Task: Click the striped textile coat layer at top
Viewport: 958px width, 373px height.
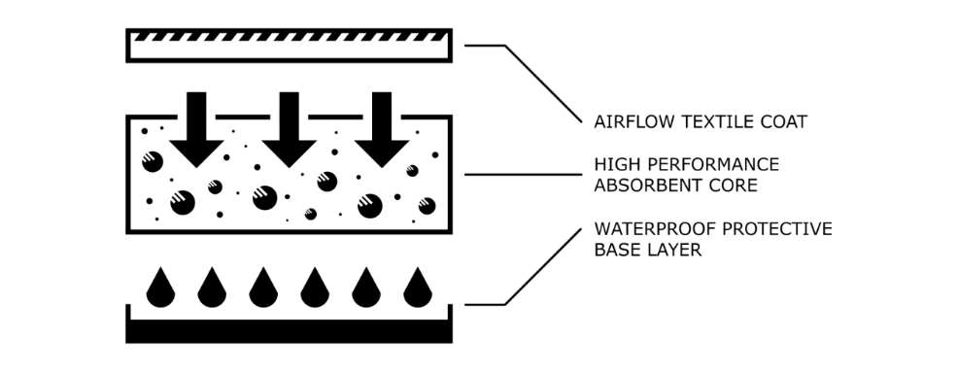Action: [x=289, y=45]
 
